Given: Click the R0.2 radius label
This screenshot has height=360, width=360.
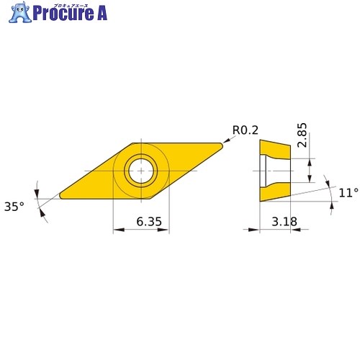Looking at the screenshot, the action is point(246,130).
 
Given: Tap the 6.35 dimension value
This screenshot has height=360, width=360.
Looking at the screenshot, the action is point(149,221).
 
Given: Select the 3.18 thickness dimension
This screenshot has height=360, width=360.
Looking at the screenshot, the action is point(284,221).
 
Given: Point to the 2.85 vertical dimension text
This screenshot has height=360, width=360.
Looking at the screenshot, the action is point(302,135).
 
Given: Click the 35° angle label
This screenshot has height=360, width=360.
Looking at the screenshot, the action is point(14,207).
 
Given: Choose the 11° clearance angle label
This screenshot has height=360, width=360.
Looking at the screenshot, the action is point(348,192).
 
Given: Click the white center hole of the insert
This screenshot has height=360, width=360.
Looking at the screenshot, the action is point(141,171).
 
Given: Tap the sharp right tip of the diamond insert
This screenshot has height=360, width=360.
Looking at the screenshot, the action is point(222,145).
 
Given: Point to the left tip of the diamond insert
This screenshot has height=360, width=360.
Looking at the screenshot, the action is point(60,197).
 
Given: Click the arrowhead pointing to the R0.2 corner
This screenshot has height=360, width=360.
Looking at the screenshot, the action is point(225,141).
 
